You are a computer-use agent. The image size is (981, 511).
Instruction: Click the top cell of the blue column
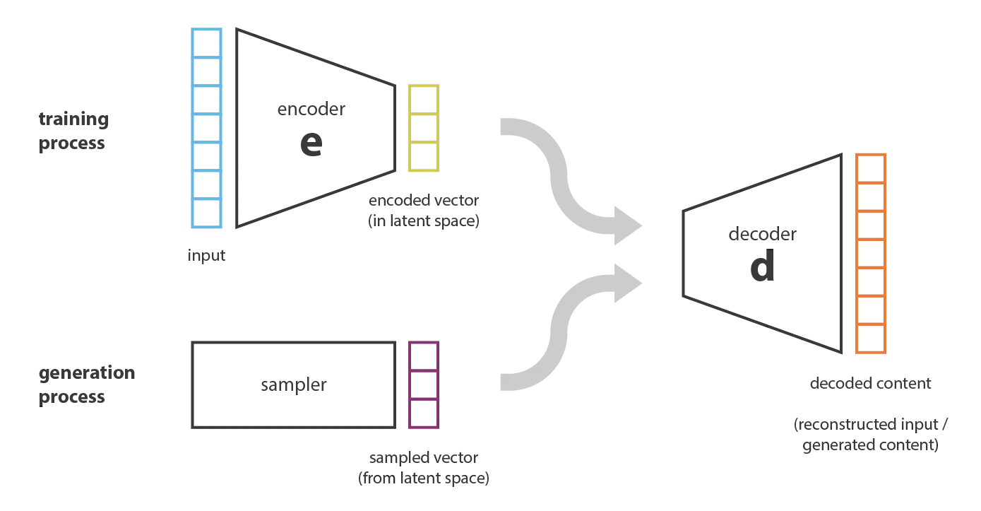coord(206,42)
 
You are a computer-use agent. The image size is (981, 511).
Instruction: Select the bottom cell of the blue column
coord(206,212)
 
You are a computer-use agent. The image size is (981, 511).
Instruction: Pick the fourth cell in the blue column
coord(206,127)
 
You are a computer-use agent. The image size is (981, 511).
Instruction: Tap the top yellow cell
coord(424,99)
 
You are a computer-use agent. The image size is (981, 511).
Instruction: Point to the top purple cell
coord(424,356)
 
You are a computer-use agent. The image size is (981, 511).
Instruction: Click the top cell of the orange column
coord(870,170)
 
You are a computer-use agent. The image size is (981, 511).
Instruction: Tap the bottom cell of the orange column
coord(870,339)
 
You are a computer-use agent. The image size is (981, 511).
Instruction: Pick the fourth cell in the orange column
coord(870,254)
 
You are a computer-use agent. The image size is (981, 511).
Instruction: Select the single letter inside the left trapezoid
coord(311,143)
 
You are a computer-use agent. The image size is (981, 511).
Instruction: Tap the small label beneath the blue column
coord(206,257)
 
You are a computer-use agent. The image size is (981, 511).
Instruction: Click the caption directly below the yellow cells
coord(423,211)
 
